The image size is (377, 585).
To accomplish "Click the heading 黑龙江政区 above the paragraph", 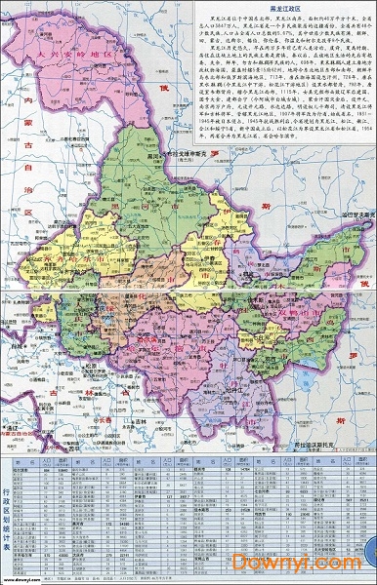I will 267,8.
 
